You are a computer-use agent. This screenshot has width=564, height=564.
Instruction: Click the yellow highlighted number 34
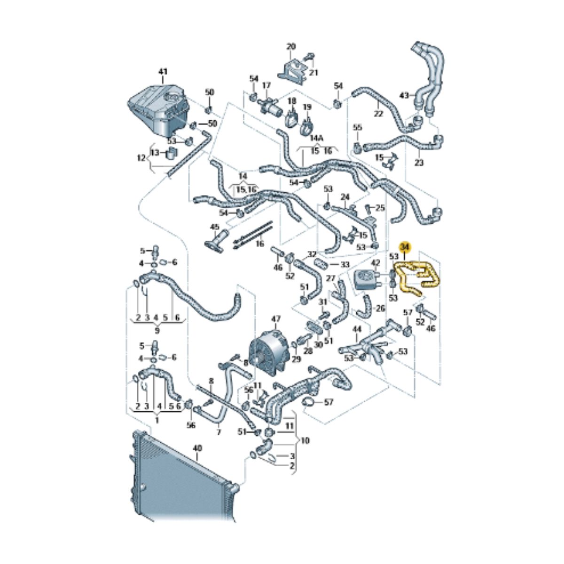pyautogui.click(x=405, y=247)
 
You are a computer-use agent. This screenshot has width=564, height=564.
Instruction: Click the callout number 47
pyautogui.click(x=276, y=319)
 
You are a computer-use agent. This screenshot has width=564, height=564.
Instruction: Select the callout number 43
pyautogui.click(x=404, y=95)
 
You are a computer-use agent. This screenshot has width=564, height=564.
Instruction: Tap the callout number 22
pyautogui.click(x=378, y=114)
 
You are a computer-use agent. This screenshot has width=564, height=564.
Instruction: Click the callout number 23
pyautogui.click(x=419, y=163)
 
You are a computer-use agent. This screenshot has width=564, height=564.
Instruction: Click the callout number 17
pyautogui.click(x=266, y=86)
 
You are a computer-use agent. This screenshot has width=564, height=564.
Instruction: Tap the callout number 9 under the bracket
pyautogui.click(x=157, y=331)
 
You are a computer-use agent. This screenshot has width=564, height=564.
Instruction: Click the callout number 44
pyautogui.click(x=356, y=329)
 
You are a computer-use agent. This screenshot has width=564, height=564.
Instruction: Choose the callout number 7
pyautogui.click(x=219, y=432)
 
